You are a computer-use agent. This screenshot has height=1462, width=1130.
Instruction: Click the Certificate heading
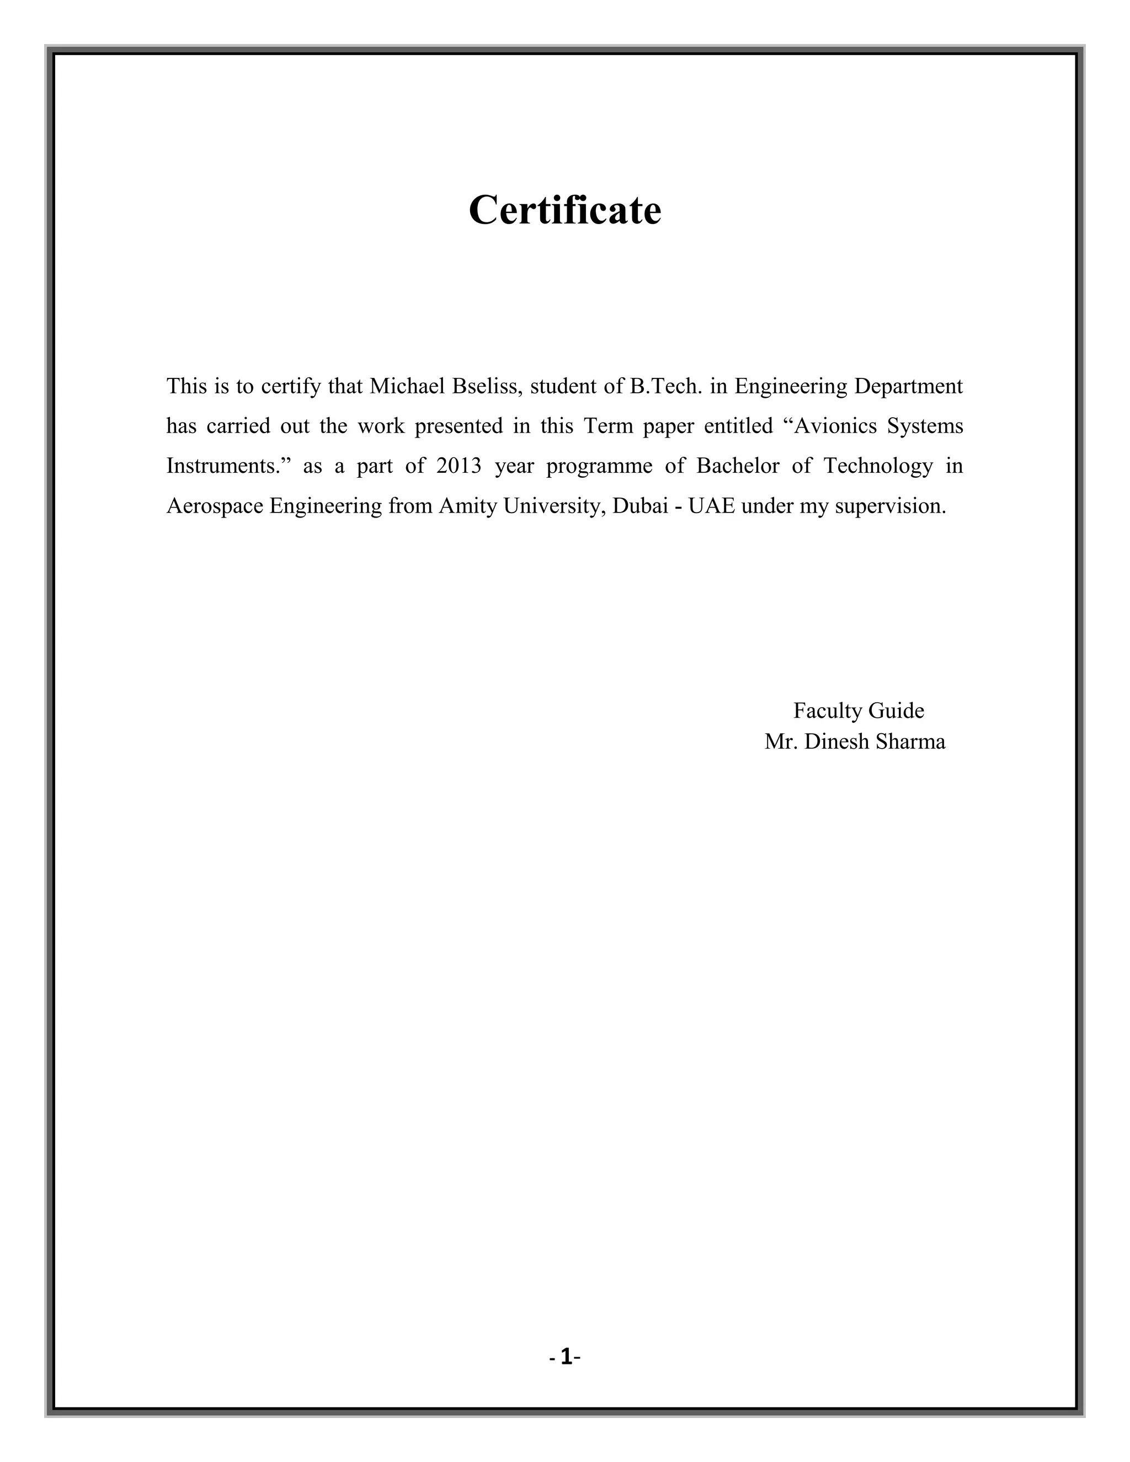tap(564, 210)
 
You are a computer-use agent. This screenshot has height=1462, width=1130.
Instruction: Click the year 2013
tap(459, 466)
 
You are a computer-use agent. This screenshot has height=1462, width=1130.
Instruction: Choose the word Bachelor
tap(738, 466)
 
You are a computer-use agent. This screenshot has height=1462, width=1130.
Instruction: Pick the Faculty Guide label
tap(858, 710)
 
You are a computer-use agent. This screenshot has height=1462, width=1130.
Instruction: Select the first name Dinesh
tap(835, 741)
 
